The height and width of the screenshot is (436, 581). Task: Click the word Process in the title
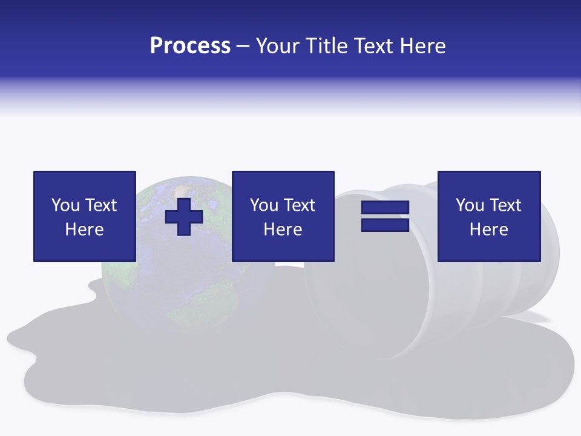[x=190, y=46]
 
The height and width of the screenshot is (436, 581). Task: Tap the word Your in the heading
[x=279, y=46]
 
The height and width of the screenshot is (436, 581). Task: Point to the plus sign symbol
[x=184, y=217]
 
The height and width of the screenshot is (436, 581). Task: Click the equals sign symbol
[x=386, y=216]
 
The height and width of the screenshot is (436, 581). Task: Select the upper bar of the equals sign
[x=386, y=208]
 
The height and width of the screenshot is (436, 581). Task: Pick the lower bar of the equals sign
[x=386, y=225]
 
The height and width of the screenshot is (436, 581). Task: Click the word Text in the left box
[x=100, y=205]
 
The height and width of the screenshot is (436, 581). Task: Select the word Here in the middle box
[x=283, y=230]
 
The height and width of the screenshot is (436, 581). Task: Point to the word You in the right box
[x=470, y=205]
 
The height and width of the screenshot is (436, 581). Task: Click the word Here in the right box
[x=489, y=230]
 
